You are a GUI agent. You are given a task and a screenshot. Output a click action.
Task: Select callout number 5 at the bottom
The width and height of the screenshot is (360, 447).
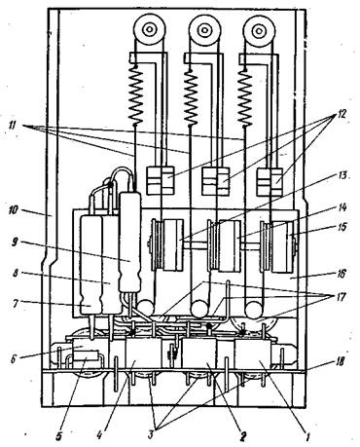[x=59, y=435]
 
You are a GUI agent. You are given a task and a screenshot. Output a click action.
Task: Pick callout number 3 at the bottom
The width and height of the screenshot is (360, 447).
[x=151, y=434]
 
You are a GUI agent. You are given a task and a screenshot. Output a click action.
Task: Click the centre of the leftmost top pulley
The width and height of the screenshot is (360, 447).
[x=150, y=29]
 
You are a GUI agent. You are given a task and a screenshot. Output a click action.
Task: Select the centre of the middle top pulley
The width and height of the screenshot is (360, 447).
[x=204, y=29]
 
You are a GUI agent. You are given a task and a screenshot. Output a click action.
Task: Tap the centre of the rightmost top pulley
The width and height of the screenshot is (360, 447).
[x=259, y=29]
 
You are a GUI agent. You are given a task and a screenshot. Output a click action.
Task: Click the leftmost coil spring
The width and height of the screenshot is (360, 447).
[x=135, y=95]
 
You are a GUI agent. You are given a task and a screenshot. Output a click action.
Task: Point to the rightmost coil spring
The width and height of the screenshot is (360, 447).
[x=245, y=95]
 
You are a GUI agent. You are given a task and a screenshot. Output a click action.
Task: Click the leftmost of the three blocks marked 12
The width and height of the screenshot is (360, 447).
[x=161, y=180]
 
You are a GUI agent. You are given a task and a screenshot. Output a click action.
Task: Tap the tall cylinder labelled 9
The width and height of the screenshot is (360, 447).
[x=130, y=242]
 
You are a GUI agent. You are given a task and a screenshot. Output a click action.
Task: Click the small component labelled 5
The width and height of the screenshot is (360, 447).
[x=85, y=357]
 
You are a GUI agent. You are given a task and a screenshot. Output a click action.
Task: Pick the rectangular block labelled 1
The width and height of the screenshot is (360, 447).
[x=252, y=354]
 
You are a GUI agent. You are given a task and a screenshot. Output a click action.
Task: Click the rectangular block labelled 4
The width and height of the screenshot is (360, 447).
[x=143, y=354]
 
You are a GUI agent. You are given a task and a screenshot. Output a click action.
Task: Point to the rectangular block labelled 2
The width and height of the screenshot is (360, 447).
[x=199, y=354]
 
